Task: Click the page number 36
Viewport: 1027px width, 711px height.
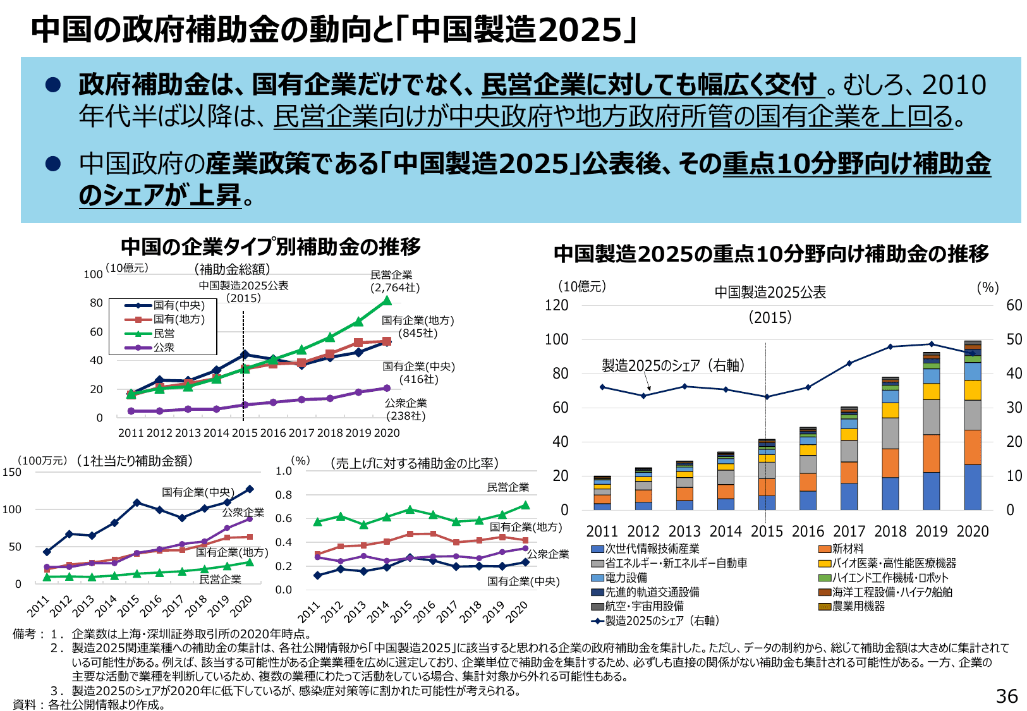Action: pyautogui.click(x=1007, y=696)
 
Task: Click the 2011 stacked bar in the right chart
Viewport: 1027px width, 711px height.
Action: pyautogui.click(x=602, y=494)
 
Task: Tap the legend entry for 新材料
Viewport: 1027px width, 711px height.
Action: pyautogui.click(x=841, y=549)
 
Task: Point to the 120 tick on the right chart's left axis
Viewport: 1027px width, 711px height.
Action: pyautogui.click(x=556, y=305)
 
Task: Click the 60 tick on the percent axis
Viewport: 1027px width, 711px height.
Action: pyautogui.click(x=1014, y=305)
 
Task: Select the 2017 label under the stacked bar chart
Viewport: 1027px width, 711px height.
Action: pyautogui.click(x=849, y=531)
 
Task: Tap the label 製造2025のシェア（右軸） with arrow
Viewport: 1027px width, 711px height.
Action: pyautogui.click(x=673, y=365)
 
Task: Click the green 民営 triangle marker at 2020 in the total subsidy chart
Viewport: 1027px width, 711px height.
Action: pyautogui.click(x=387, y=301)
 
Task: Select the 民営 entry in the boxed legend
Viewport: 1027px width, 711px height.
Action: pyautogui.click(x=164, y=333)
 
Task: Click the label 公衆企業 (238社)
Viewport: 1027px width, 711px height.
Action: pyautogui.click(x=406, y=409)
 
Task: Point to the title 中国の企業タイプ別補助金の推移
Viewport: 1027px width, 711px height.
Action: pyautogui.click(x=270, y=246)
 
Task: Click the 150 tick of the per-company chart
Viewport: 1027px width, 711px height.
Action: pyautogui.click(x=12, y=472)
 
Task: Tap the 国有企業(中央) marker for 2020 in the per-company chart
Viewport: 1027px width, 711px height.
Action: pyautogui.click(x=250, y=489)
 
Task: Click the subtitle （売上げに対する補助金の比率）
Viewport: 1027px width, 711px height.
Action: pyautogui.click(x=415, y=463)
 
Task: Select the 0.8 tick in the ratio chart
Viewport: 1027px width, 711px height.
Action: pyautogui.click(x=284, y=495)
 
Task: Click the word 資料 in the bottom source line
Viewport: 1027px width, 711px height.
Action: pyautogui.click(x=25, y=704)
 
